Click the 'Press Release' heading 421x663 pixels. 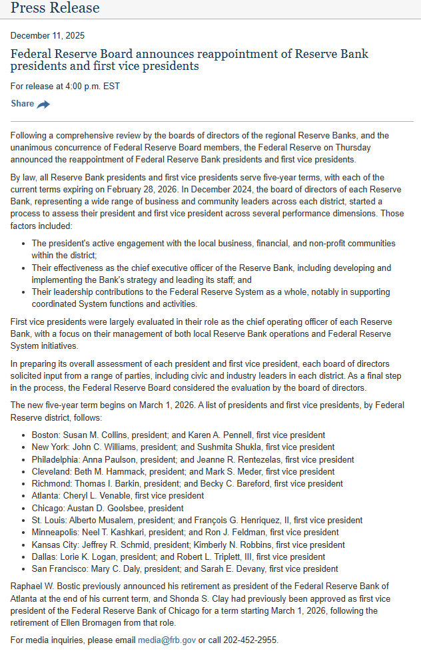pyautogui.click(x=55, y=8)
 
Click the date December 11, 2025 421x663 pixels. pyautogui.click(x=48, y=35)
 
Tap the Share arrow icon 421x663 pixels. pyautogui.click(x=43, y=105)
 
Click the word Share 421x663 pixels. pyautogui.click(x=23, y=104)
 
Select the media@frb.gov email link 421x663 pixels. pyautogui.click(x=167, y=640)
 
